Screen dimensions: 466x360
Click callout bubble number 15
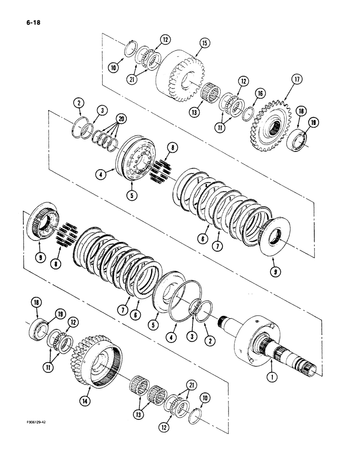tap(203, 44)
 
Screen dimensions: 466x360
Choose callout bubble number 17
tap(296, 79)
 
